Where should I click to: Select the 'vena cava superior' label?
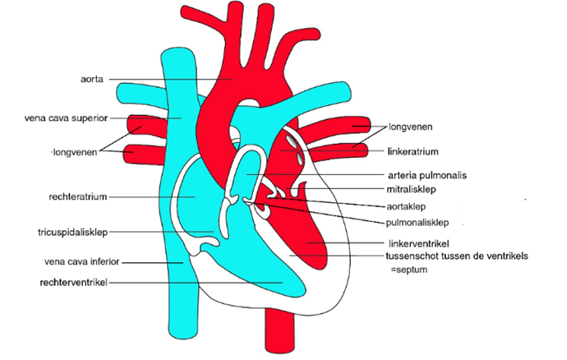(x=65, y=118)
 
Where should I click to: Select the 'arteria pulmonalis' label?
(x=422, y=175)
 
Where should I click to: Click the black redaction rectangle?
(x=423, y=205)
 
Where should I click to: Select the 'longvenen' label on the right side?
(x=411, y=127)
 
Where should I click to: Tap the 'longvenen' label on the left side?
(x=75, y=151)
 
